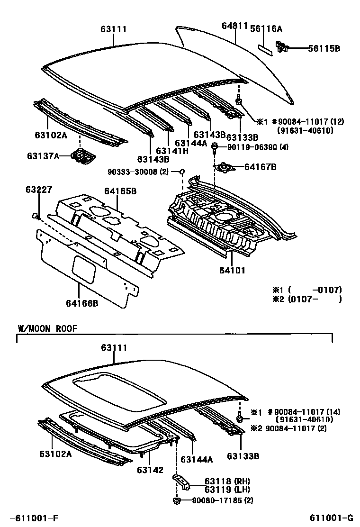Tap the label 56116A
[x=266, y=29]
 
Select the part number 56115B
[x=324, y=48]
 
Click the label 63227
[x=36, y=190]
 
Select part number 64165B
[x=120, y=191]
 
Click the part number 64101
[x=233, y=271]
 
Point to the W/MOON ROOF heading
[x=47, y=328]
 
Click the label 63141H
[x=172, y=151]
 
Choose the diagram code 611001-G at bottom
[x=332, y=518]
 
